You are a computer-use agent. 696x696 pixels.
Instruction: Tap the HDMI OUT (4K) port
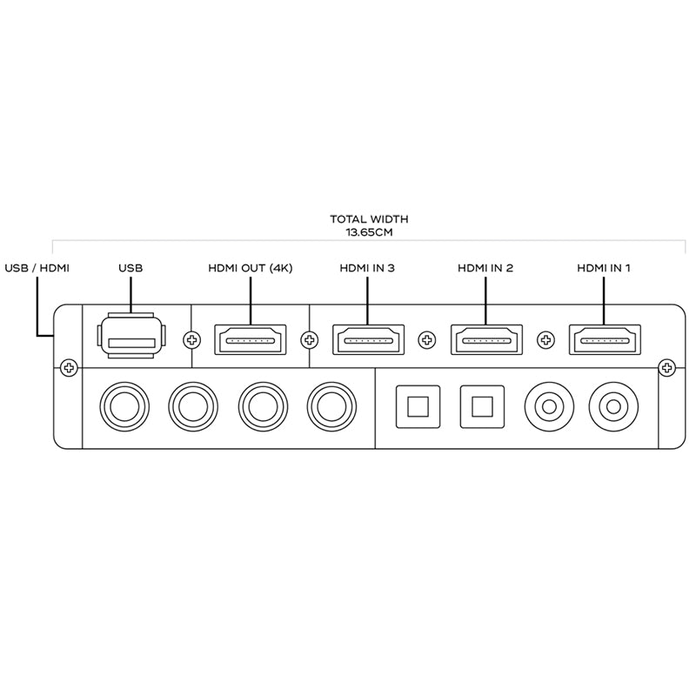(x=250, y=339)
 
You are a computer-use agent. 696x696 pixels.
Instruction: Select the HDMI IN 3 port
(x=367, y=339)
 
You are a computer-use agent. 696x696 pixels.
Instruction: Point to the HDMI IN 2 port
(x=485, y=339)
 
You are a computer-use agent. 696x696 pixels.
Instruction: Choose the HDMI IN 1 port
(x=604, y=339)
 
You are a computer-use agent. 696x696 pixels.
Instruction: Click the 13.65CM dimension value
(x=369, y=233)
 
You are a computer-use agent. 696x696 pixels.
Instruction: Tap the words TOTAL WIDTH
(x=369, y=220)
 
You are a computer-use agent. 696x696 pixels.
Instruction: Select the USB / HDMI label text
(x=37, y=268)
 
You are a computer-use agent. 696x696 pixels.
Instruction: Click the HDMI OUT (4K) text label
(x=251, y=268)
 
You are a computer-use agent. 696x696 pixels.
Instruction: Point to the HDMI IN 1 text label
(x=604, y=268)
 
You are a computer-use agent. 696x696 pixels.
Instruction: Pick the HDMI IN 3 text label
(x=367, y=268)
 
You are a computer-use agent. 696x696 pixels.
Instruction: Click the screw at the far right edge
(x=667, y=368)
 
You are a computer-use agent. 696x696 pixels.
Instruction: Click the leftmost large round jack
(x=124, y=405)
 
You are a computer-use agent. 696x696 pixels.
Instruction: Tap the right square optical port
(x=483, y=405)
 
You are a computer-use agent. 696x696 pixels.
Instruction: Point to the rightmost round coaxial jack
(x=612, y=405)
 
